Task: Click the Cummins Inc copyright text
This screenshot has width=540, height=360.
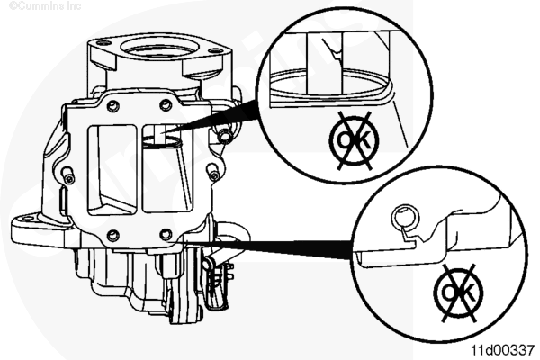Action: [x=45, y=6]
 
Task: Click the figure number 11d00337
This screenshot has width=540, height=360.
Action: [x=502, y=350]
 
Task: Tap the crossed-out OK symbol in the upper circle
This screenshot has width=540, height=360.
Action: [x=354, y=140]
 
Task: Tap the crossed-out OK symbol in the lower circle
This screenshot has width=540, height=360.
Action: [x=458, y=293]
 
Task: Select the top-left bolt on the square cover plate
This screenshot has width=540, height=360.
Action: [x=113, y=106]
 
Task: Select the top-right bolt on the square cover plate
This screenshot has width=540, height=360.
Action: [x=166, y=104]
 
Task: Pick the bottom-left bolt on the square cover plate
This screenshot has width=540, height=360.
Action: [x=113, y=236]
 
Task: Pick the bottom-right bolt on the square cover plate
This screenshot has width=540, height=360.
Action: [x=166, y=234]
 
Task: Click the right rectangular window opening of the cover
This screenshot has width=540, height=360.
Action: [x=167, y=168]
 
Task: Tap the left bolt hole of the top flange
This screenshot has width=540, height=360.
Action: [x=101, y=44]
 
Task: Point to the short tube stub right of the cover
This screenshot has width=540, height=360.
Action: [x=224, y=135]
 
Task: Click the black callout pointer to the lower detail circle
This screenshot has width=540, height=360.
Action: [x=262, y=247]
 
